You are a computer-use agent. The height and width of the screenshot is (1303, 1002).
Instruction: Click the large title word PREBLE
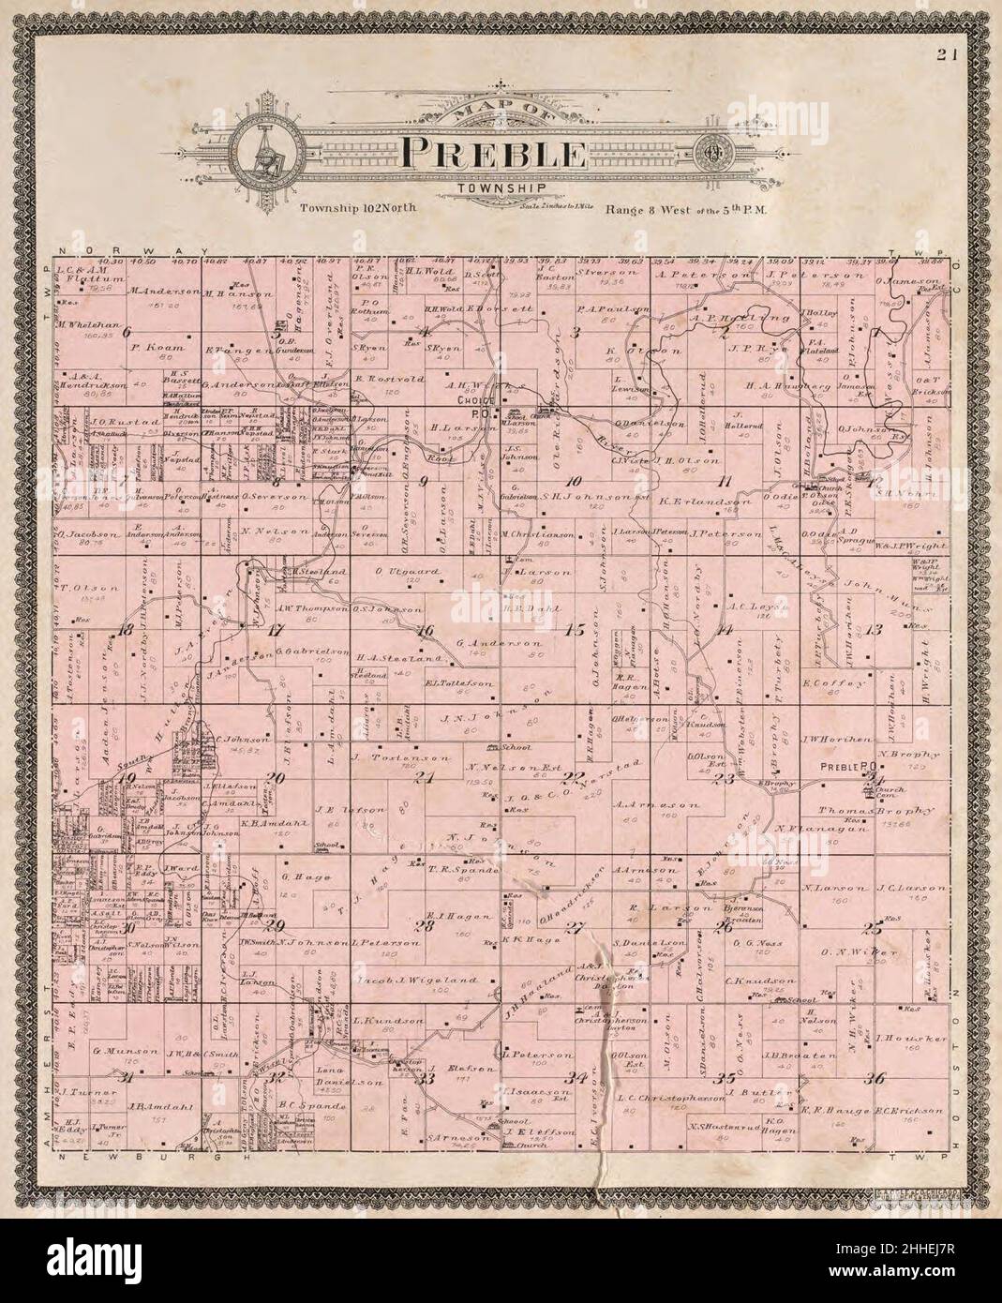coord(494,154)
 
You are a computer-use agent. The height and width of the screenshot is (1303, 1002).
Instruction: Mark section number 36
coord(875,1079)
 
